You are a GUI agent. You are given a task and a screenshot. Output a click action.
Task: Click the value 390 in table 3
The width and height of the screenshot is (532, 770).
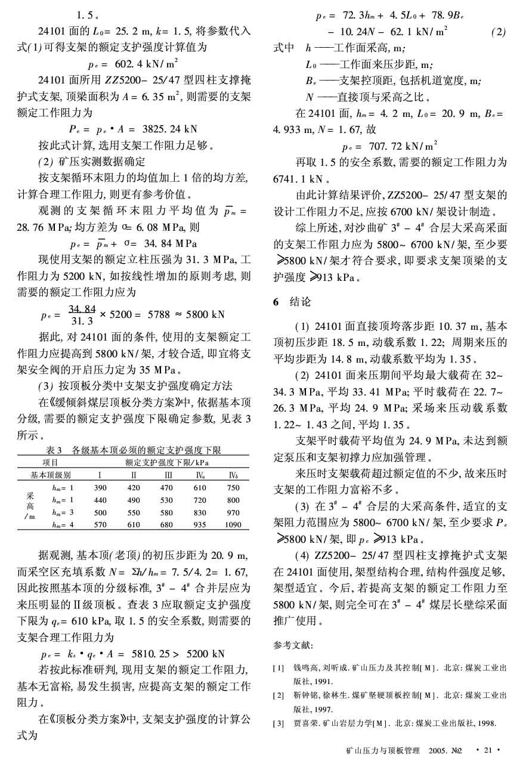click(x=100, y=488)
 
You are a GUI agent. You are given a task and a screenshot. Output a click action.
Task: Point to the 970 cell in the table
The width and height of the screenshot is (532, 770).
click(x=233, y=512)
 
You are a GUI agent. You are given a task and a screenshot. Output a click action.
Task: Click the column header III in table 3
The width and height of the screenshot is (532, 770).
click(x=168, y=475)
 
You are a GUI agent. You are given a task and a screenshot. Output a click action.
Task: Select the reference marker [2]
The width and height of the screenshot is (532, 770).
click(x=278, y=695)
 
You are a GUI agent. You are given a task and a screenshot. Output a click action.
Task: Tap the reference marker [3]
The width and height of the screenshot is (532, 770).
click(x=278, y=723)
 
